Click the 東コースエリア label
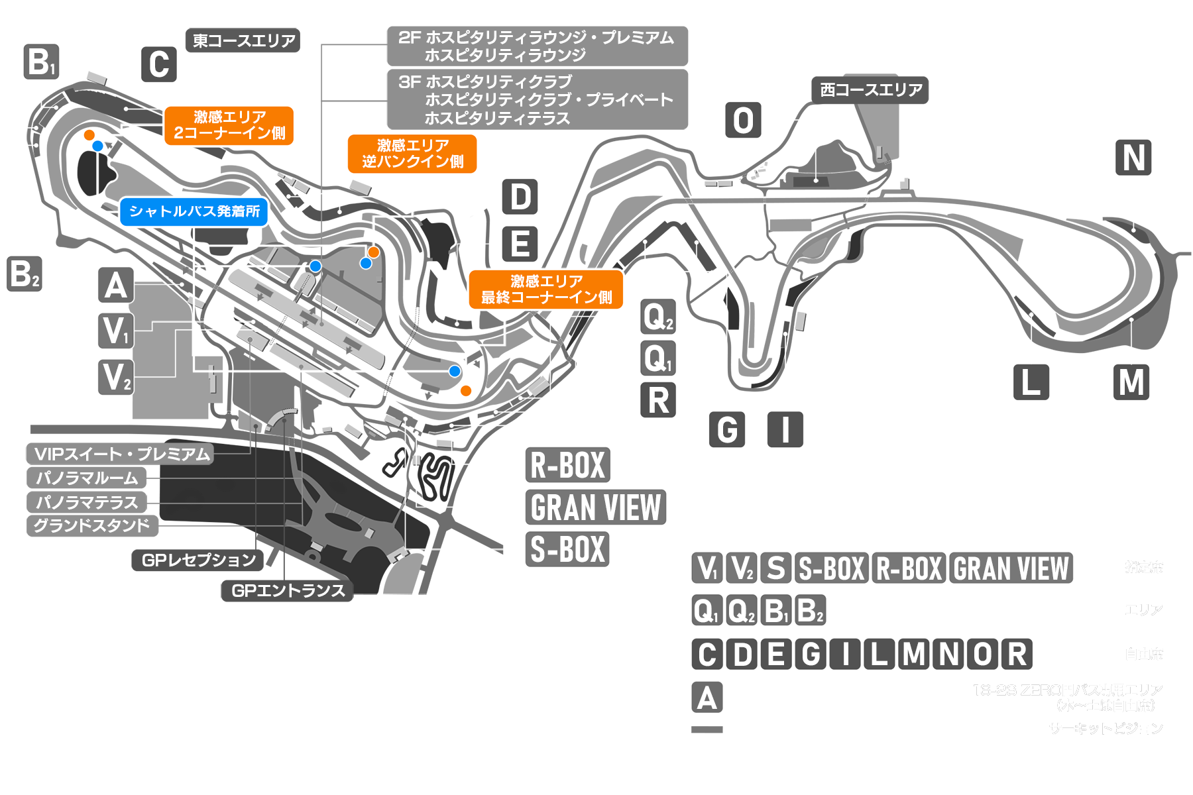pyautogui.click(x=243, y=40)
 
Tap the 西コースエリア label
pyautogui.click(x=870, y=90)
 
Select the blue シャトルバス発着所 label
pyautogui.click(x=194, y=212)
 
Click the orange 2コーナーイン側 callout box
pyautogui.click(x=229, y=125)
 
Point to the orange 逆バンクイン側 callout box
pyautogui.click(x=412, y=154)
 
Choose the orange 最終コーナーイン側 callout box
pyautogui.click(x=546, y=290)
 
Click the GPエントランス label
pyautogui.click(x=288, y=590)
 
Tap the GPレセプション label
pyautogui.click(x=198, y=560)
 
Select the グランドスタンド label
pyautogui.click(x=92, y=526)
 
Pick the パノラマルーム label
pyautogui.click(x=87, y=478)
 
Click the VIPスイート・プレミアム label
pyautogui.click(x=121, y=454)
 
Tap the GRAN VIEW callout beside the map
pyautogui.click(x=595, y=507)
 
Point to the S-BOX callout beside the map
pyautogui.click(x=568, y=549)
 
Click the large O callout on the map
pyautogui.click(x=743, y=121)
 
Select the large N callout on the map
pyautogui.click(x=1133, y=158)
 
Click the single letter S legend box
pyautogui.click(x=775, y=568)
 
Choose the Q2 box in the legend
pyautogui.click(x=741, y=610)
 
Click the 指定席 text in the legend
pyautogui.click(x=1143, y=567)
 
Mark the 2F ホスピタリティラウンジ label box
pyautogui.click(x=537, y=46)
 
